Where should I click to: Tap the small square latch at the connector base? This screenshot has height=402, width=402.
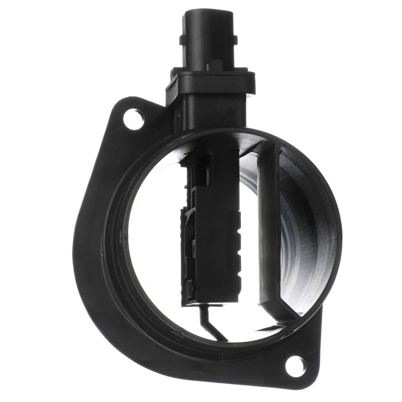tap(216, 65)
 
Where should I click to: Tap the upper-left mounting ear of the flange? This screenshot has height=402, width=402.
tap(126, 115)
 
